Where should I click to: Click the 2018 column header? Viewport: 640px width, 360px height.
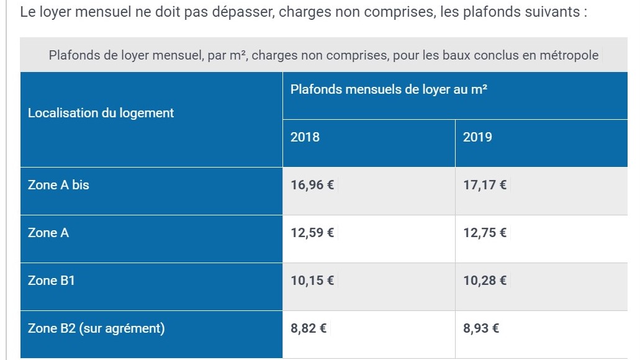tap(305, 137)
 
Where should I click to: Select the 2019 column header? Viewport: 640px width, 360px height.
tap(477, 137)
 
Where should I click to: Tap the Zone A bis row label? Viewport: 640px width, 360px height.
tap(58, 185)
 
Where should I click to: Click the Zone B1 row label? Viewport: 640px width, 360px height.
tap(52, 281)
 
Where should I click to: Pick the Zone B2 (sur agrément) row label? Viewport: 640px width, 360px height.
tap(96, 328)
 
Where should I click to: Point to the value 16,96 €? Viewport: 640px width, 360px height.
tap(312, 185)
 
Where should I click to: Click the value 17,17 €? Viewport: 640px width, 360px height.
tap(485, 185)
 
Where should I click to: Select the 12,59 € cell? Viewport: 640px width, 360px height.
tap(312, 233)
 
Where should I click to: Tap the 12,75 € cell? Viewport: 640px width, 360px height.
tap(485, 233)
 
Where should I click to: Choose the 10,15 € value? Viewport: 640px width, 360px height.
tap(312, 281)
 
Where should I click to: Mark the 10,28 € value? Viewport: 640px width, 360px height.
tap(485, 281)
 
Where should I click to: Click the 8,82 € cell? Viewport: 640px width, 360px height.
tap(309, 328)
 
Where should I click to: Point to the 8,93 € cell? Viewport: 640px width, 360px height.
tap(481, 328)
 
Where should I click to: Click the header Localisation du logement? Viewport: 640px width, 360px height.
tap(101, 113)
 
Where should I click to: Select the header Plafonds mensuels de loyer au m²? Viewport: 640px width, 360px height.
tap(389, 89)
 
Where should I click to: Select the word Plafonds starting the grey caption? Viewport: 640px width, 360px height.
tap(73, 55)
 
